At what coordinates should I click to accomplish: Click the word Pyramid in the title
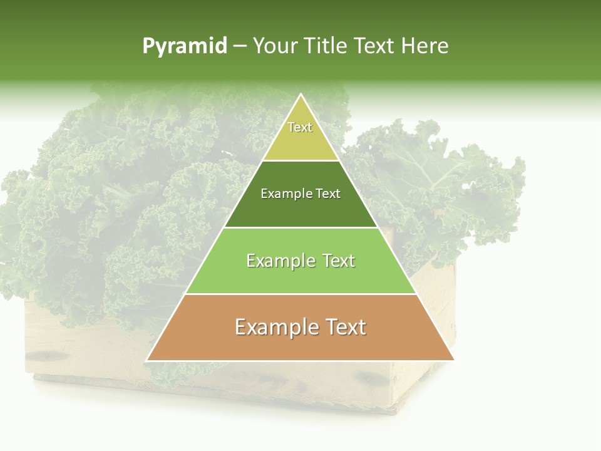[x=184, y=46]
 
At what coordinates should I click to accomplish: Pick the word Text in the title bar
[x=375, y=46]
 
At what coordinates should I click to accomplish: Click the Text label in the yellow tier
[x=300, y=127]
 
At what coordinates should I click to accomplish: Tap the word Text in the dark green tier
[x=327, y=194]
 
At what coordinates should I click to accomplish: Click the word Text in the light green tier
[x=337, y=261]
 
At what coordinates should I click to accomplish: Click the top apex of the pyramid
[x=300, y=95]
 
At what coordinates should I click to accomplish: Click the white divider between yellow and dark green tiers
[x=300, y=160]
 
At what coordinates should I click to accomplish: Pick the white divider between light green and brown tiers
[x=300, y=294]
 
